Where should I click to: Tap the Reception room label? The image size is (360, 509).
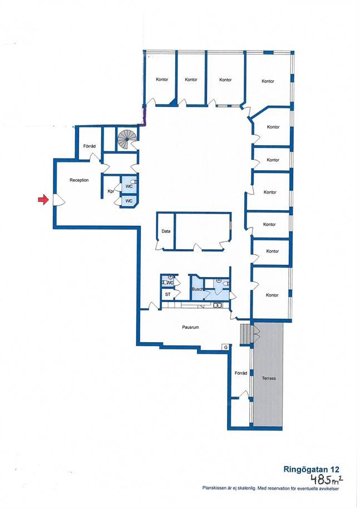click(x=79, y=180)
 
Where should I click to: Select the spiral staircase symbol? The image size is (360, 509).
click(x=127, y=139)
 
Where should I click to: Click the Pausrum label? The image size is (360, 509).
click(x=190, y=327)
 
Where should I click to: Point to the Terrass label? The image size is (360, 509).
click(x=269, y=378)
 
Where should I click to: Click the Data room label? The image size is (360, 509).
click(x=166, y=231)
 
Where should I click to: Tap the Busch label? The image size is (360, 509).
click(x=198, y=289)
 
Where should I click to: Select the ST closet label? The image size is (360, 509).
click(x=168, y=294)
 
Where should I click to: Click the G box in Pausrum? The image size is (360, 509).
click(x=225, y=347)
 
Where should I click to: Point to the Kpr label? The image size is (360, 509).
click(x=111, y=191)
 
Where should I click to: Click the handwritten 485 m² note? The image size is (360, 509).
click(x=326, y=478)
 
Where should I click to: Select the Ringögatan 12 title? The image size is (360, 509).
click(x=311, y=469)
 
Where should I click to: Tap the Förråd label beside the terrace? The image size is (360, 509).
click(x=241, y=373)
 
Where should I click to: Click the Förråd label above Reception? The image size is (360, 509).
click(x=90, y=146)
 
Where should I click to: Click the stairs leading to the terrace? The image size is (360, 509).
click(x=246, y=334)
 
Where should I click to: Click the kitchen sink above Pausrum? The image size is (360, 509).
click(x=218, y=305)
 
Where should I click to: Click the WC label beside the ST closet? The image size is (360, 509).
click(x=170, y=283)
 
